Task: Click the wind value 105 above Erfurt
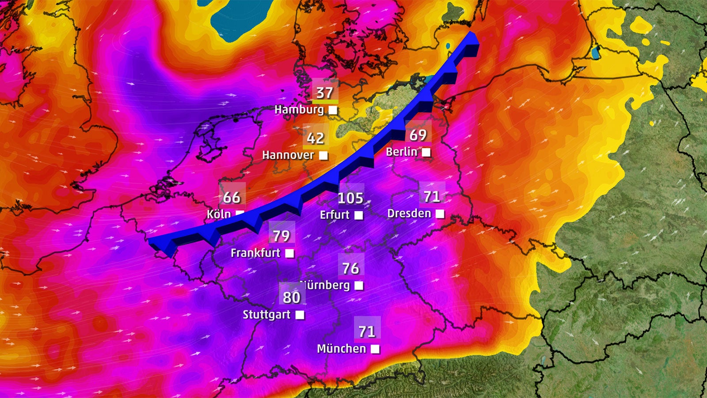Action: [350, 198]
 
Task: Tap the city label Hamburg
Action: [299, 110]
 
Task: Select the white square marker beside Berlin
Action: [426, 153]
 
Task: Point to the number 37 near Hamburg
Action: [324, 93]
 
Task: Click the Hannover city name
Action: [288, 155]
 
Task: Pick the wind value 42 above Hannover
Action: [315, 138]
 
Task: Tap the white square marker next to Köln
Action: [239, 214]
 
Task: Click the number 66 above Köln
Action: [232, 197]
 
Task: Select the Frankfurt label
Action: [255, 253]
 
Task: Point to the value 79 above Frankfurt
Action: [281, 236]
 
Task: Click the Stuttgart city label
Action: [266, 315]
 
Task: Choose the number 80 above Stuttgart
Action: [292, 298]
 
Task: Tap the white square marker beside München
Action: [375, 349]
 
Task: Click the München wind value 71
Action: [367, 332]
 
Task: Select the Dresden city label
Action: [409, 214]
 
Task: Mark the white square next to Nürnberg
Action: [359, 286]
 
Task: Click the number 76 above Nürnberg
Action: [351, 268]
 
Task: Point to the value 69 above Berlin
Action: [418, 135]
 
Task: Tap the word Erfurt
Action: [334, 215]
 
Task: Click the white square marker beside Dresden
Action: [440, 214]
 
